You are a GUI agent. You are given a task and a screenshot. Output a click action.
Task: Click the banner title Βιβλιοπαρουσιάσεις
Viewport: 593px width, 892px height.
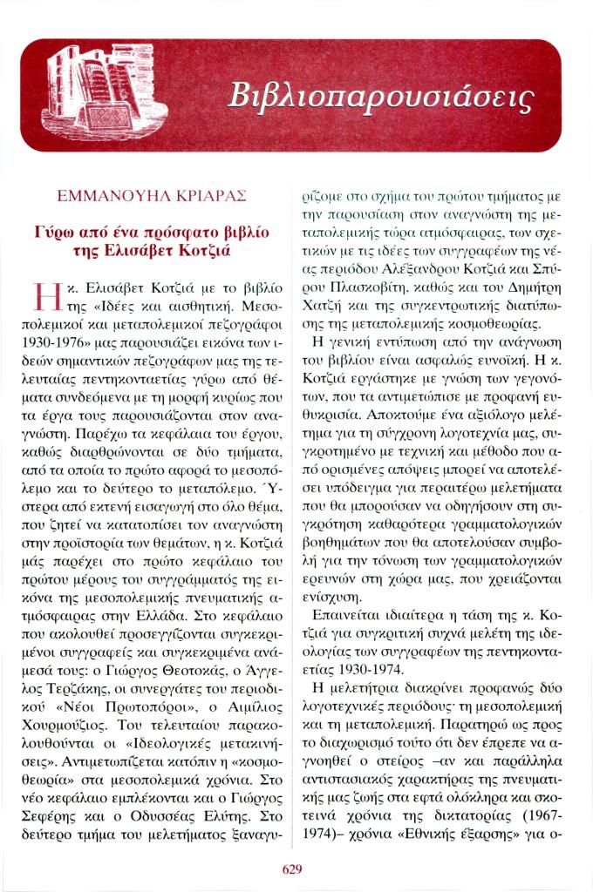[378, 97]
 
